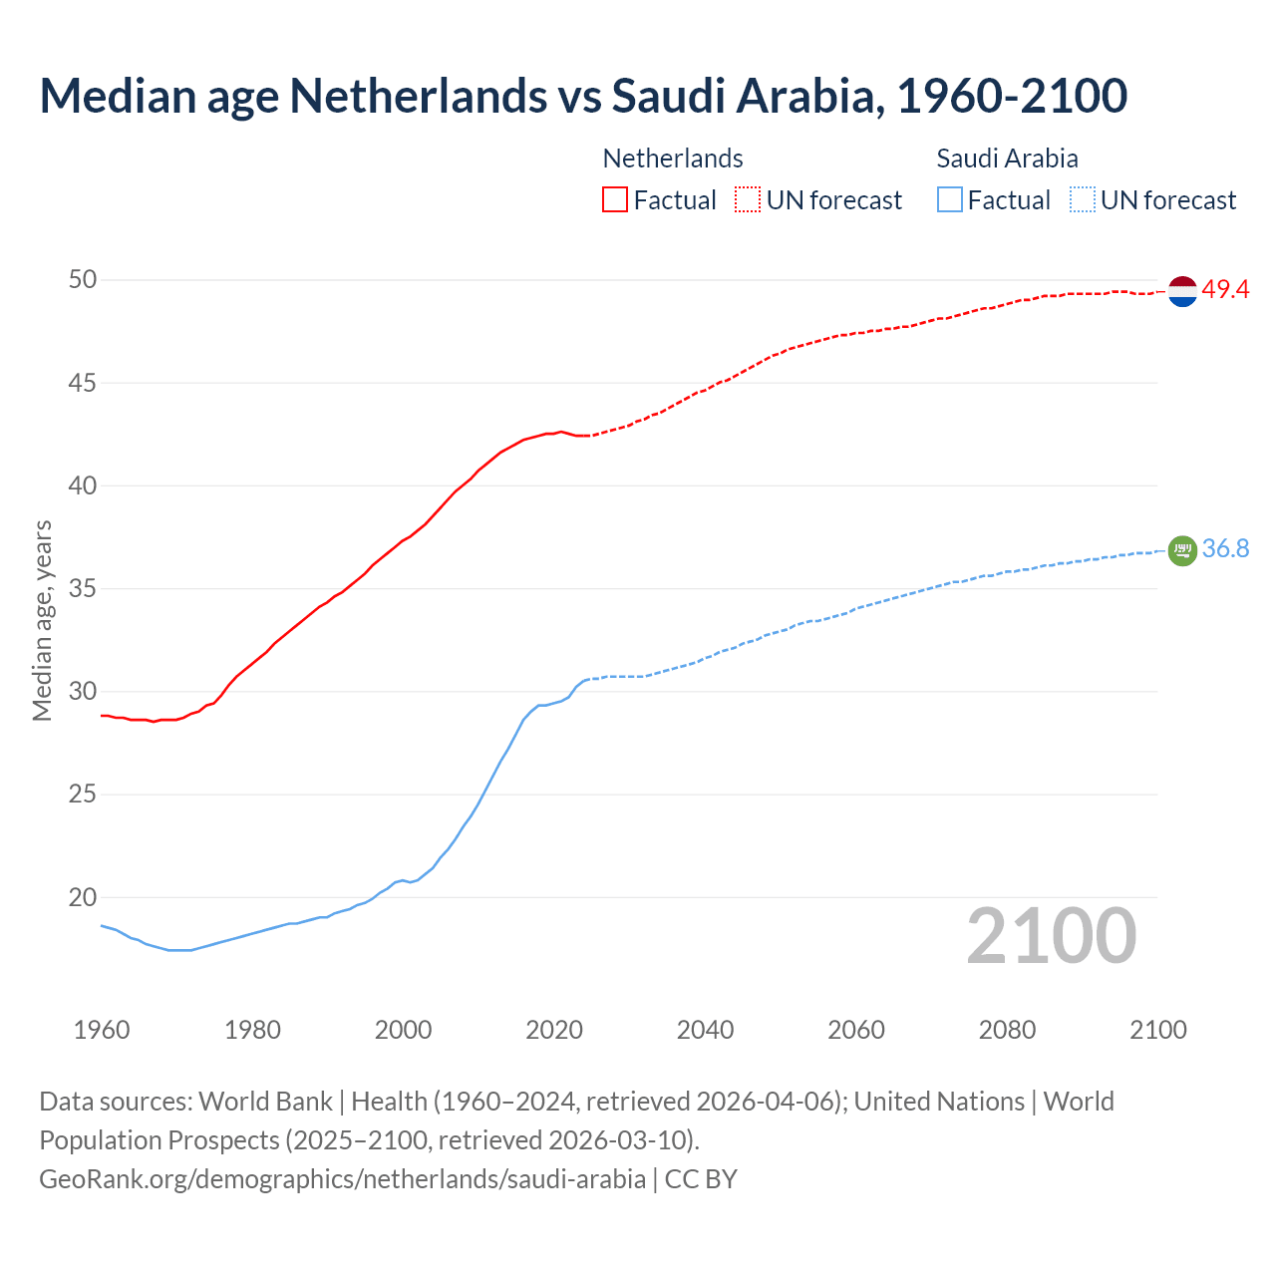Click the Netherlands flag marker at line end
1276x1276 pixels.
1182,291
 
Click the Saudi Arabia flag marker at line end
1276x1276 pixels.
1182,550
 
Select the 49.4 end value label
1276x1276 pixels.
1225,290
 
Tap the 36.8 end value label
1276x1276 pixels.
1225,549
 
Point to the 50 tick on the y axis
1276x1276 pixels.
83,280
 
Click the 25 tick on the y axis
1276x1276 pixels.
83,795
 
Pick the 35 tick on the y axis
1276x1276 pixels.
83,589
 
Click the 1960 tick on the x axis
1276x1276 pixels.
102,1030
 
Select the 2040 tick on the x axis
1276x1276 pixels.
705,1030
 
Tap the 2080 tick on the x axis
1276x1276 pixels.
1007,1030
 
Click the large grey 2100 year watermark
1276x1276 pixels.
1051,935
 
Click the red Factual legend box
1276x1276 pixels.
615,199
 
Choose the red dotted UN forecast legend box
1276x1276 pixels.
748,199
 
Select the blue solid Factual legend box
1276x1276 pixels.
950,199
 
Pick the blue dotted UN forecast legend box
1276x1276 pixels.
1082,199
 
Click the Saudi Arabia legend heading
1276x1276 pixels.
1007,159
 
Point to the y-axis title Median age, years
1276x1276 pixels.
42,620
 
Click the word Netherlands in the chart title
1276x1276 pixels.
418,96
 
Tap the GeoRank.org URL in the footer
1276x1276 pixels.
342,1179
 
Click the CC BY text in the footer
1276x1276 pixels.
701,1179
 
